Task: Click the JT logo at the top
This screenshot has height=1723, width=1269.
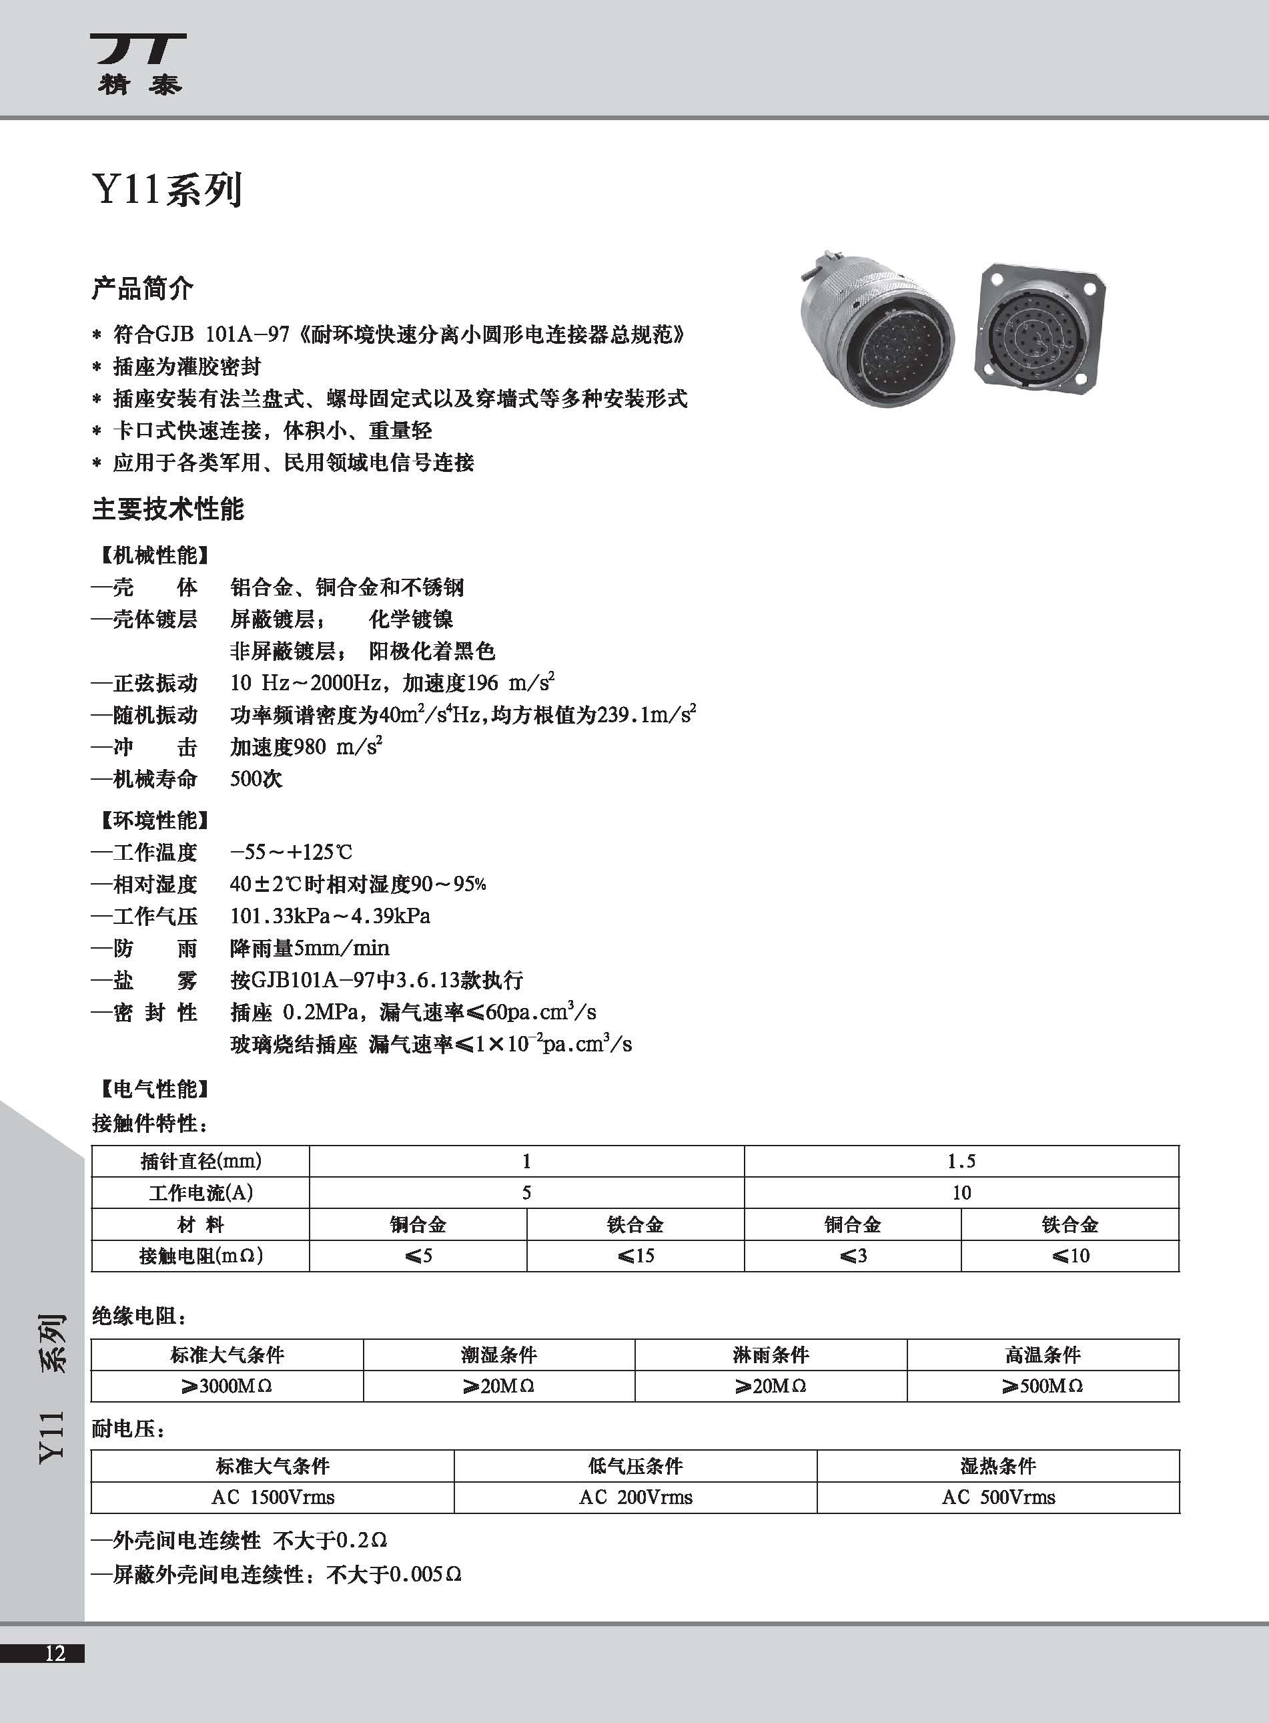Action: coord(139,62)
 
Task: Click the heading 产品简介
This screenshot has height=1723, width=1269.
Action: coord(142,289)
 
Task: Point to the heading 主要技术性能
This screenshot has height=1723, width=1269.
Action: coord(167,509)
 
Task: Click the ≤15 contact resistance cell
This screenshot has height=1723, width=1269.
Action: coord(635,1255)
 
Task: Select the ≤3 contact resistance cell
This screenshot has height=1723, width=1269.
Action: coord(853,1255)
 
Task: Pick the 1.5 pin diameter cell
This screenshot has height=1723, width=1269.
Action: coord(961,1160)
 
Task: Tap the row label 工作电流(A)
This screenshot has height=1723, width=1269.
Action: coord(200,1192)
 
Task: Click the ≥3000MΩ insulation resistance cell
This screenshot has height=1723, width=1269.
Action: coord(227,1386)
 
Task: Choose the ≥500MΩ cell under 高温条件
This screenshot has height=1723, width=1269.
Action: coord(1042,1386)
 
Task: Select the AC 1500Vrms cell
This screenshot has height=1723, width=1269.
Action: coord(273,1497)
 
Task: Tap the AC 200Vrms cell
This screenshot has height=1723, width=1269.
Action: coord(635,1497)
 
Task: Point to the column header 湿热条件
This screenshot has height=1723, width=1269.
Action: coord(998,1465)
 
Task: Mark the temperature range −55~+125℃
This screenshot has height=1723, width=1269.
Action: coord(291,852)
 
